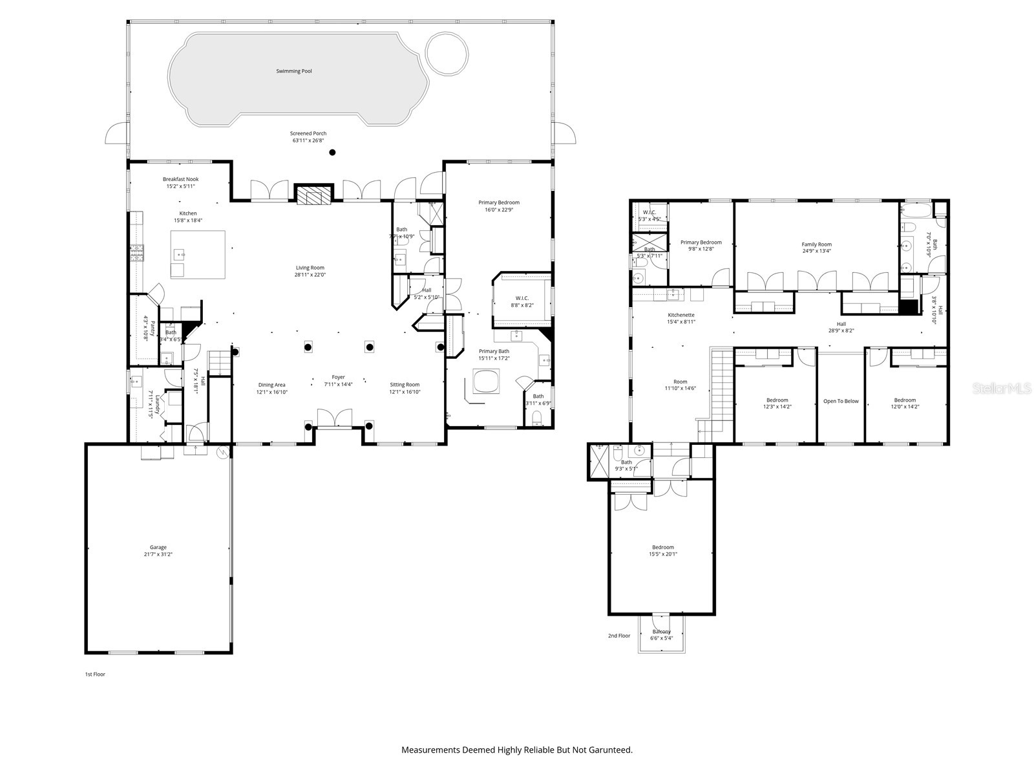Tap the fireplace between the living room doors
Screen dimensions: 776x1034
click(x=313, y=195)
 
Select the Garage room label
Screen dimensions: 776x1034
click(x=158, y=547)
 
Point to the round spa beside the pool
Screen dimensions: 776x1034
click(x=447, y=52)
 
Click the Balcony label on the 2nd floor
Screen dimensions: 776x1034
click(x=662, y=632)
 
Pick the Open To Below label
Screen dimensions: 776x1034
click(x=841, y=401)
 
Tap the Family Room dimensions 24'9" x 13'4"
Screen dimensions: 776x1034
click(x=817, y=252)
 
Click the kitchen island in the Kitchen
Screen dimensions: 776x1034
click(x=198, y=254)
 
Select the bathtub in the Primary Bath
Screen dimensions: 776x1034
click(x=486, y=382)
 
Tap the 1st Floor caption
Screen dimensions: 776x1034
click(x=94, y=674)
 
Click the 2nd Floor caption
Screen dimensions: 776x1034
click(x=618, y=636)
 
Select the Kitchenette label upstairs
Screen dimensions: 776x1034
click(x=681, y=315)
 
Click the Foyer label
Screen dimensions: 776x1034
click(x=339, y=377)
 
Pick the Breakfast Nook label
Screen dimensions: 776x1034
click(x=180, y=179)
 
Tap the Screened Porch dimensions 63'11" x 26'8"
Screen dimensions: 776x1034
click(x=308, y=140)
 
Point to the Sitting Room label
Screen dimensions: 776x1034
click(x=405, y=385)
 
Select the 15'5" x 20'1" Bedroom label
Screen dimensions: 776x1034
click(x=662, y=554)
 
